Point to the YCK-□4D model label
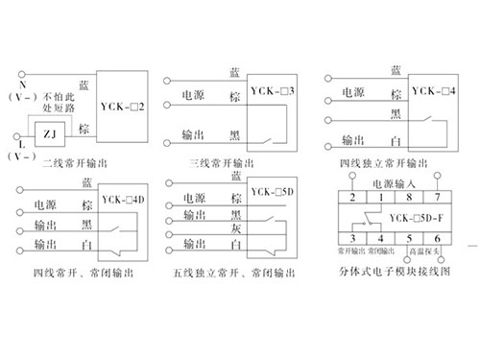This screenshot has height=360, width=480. (121, 200)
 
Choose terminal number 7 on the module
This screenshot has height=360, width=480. (439, 196)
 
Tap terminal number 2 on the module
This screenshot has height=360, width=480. (354, 196)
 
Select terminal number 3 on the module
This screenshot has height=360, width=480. (354, 236)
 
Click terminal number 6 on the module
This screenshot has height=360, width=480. (440, 236)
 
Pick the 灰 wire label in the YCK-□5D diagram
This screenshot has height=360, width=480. (233, 230)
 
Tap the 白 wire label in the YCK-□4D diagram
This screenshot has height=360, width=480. (87, 247)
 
